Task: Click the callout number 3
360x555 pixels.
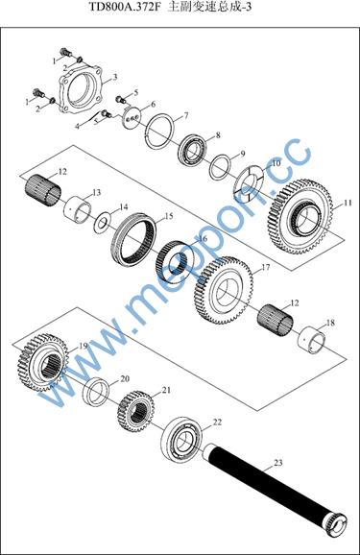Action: (x=115, y=77)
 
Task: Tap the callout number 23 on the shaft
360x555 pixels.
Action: (x=278, y=462)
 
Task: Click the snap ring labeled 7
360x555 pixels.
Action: (x=160, y=132)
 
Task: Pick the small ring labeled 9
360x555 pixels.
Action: (x=221, y=167)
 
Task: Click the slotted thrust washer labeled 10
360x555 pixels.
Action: (x=250, y=184)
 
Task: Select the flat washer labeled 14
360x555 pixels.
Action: (x=103, y=222)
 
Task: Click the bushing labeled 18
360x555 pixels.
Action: (x=313, y=340)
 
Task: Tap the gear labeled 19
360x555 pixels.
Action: (x=43, y=363)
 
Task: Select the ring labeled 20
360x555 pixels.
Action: (x=96, y=392)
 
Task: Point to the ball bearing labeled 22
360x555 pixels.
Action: (x=182, y=441)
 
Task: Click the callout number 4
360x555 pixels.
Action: (x=77, y=126)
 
